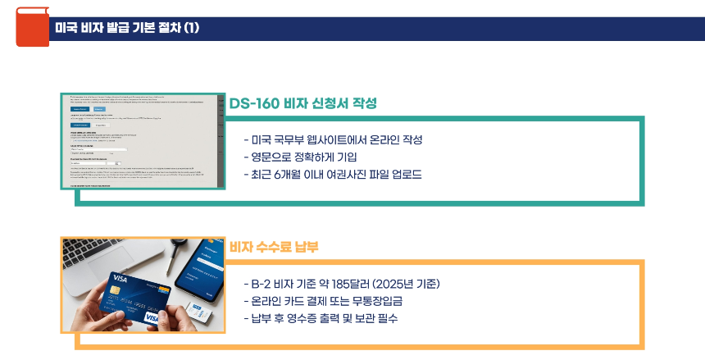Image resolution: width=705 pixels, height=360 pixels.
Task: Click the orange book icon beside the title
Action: click(32, 27)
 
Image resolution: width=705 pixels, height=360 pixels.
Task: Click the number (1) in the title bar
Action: click(191, 28)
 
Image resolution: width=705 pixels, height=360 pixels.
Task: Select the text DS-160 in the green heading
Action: click(254, 104)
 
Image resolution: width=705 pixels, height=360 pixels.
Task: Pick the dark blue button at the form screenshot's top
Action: click(80, 108)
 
